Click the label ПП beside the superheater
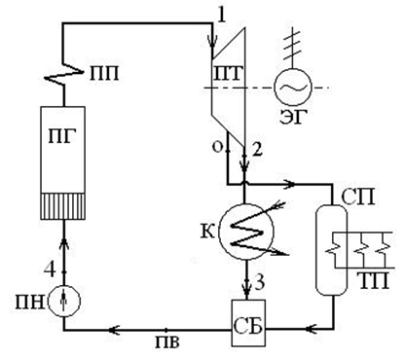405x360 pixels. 104,74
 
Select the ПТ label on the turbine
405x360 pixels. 228,74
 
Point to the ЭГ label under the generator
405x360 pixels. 292,117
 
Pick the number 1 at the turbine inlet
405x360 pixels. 221,15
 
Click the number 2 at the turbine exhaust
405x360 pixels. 256,150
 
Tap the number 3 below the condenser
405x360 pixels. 259,283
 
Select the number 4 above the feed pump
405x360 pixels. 50,270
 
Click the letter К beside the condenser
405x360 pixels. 207,232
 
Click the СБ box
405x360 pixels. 248,323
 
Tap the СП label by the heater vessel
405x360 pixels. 358,198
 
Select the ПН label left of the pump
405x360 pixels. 30,304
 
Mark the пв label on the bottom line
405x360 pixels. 167,342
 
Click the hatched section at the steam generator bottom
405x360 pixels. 63,206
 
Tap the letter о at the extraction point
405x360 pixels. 217,147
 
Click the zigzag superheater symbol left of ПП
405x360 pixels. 62,74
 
